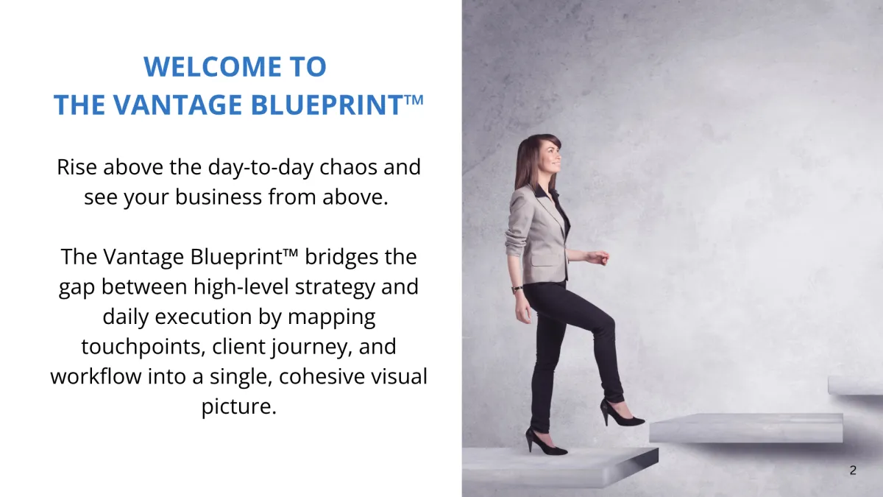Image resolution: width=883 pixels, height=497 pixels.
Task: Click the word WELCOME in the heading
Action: (213, 66)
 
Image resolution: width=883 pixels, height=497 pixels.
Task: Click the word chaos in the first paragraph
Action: (348, 167)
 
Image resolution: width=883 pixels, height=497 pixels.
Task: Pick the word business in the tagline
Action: (219, 197)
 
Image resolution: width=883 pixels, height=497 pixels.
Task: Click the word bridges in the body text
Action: (341, 258)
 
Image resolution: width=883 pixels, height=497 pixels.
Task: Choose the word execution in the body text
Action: (203, 317)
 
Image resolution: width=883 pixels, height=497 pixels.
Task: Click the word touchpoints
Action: (143, 348)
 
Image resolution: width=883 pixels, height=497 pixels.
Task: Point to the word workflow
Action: (96, 376)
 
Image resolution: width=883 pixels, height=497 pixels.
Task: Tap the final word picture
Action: (239, 406)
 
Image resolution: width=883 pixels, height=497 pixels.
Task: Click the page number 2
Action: (853, 470)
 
